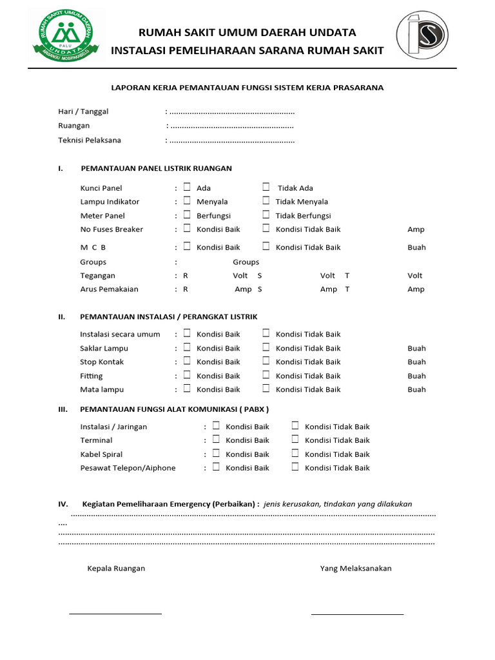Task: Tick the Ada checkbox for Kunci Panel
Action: pyautogui.click(x=187, y=187)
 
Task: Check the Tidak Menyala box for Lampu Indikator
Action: pyautogui.click(x=266, y=201)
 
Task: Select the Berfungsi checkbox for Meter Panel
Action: pyautogui.click(x=187, y=215)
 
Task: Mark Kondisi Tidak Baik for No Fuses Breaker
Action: pyautogui.click(x=266, y=228)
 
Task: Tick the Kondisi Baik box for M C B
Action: pyautogui.click(x=187, y=246)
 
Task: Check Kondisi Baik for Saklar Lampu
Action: pyautogui.click(x=187, y=347)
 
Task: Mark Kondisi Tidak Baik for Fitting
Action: pyautogui.click(x=266, y=375)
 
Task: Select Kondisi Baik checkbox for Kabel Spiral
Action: pyautogui.click(x=216, y=453)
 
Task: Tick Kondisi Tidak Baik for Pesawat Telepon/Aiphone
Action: pyautogui.click(x=295, y=467)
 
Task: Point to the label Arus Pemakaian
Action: pyautogui.click(x=109, y=289)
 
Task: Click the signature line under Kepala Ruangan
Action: pyautogui.click(x=115, y=614)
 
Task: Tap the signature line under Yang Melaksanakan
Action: pyautogui.click(x=357, y=614)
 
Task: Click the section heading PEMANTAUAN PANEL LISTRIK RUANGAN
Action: pyautogui.click(x=156, y=169)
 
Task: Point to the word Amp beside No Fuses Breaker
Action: pyautogui.click(x=416, y=229)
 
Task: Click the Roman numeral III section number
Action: pyautogui.click(x=63, y=409)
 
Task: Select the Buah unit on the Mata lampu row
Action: pyautogui.click(x=416, y=389)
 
